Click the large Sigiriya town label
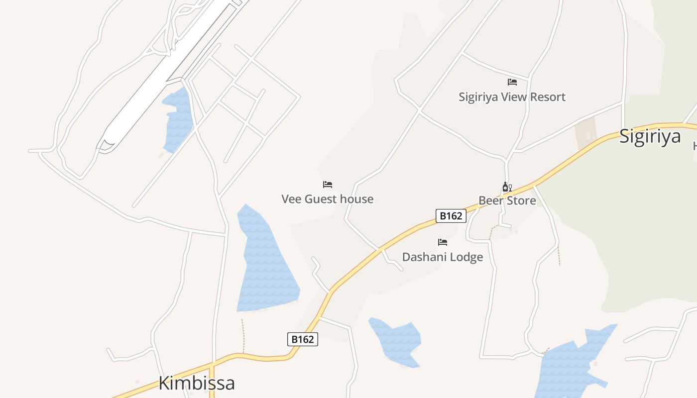650,136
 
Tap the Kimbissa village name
197,383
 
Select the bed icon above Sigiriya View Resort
512,82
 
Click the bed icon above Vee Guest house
328,185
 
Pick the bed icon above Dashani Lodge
443,242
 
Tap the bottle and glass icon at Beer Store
507,187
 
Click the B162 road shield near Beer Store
451,216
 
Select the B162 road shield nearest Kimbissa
302,339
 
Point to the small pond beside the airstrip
178,119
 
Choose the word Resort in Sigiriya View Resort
547,97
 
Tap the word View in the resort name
513,97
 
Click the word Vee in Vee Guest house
291,199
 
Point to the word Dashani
424,257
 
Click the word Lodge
465,257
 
